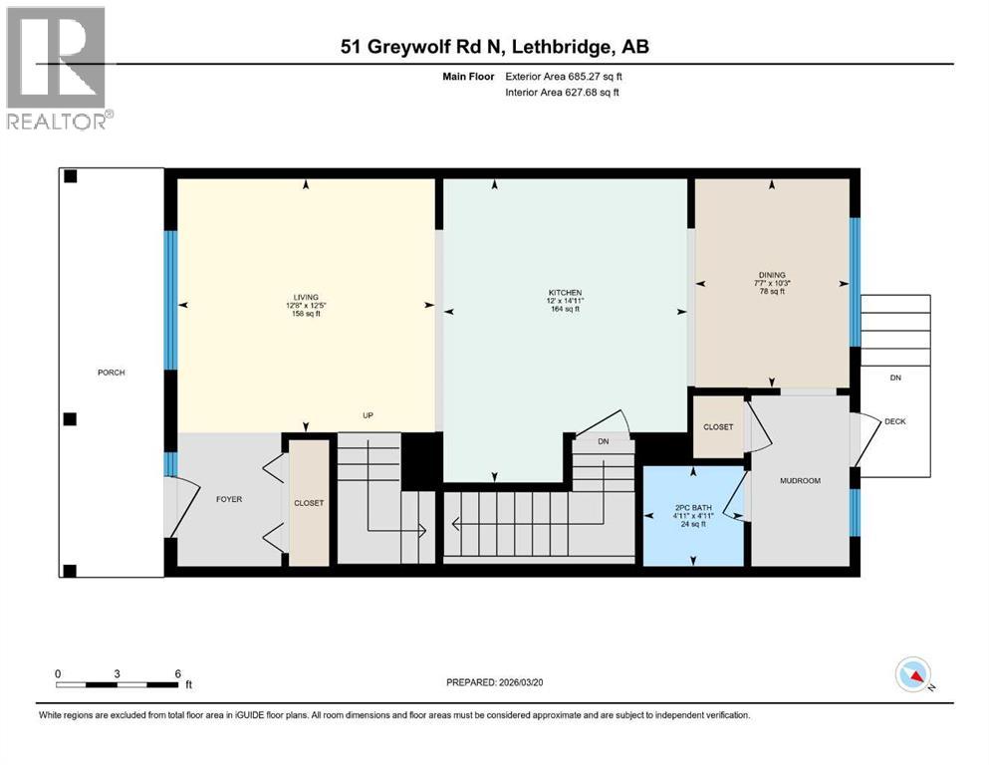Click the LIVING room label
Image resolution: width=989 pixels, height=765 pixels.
[305, 297]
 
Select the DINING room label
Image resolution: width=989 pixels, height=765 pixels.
[772, 275]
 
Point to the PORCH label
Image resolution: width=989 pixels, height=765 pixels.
[111, 373]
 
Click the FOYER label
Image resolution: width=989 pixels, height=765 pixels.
[228, 499]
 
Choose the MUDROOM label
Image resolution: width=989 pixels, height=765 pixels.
[800, 480]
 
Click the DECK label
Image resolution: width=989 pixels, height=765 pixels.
[894, 421]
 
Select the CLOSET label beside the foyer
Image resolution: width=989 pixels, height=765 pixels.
[309, 503]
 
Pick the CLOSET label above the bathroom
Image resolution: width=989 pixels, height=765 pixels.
[717, 426]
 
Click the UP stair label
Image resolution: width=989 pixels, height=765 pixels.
[368, 415]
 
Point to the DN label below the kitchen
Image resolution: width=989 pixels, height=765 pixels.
[604, 441]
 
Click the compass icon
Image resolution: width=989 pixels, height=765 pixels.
[912, 675]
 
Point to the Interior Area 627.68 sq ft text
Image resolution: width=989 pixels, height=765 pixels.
[562, 93]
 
